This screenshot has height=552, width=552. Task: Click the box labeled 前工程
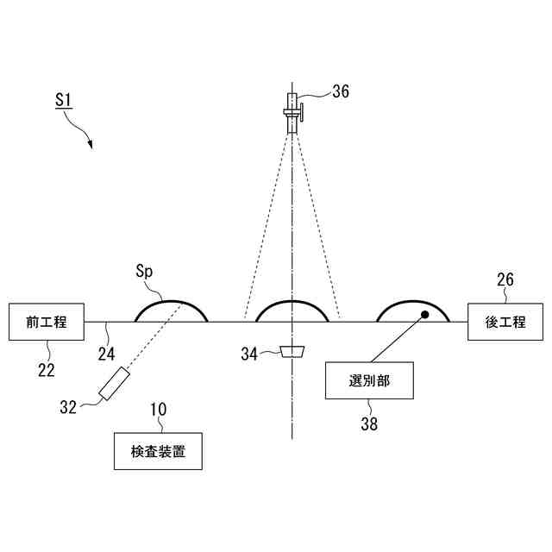pyautogui.click(x=46, y=322)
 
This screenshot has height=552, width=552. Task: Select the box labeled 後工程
pyautogui.click(x=505, y=322)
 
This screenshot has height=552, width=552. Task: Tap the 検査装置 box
pyautogui.click(x=158, y=450)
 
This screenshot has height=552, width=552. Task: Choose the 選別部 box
pyautogui.click(x=369, y=380)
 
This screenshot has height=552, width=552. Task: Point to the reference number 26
pyautogui.click(x=505, y=279)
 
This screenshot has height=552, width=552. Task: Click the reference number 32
pyautogui.click(x=67, y=405)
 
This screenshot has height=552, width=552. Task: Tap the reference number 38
pyautogui.click(x=369, y=423)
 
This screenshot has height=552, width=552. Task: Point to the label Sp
pyautogui.click(x=144, y=271)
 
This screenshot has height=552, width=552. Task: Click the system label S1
pyautogui.click(x=63, y=100)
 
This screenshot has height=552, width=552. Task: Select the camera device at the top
pyautogui.click(x=293, y=111)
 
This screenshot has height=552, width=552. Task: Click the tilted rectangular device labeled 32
pyautogui.click(x=114, y=384)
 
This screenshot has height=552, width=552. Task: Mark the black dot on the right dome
pyautogui.click(x=424, y=314)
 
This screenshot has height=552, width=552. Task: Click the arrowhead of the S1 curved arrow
pyautogui.click(x=89, y=145)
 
